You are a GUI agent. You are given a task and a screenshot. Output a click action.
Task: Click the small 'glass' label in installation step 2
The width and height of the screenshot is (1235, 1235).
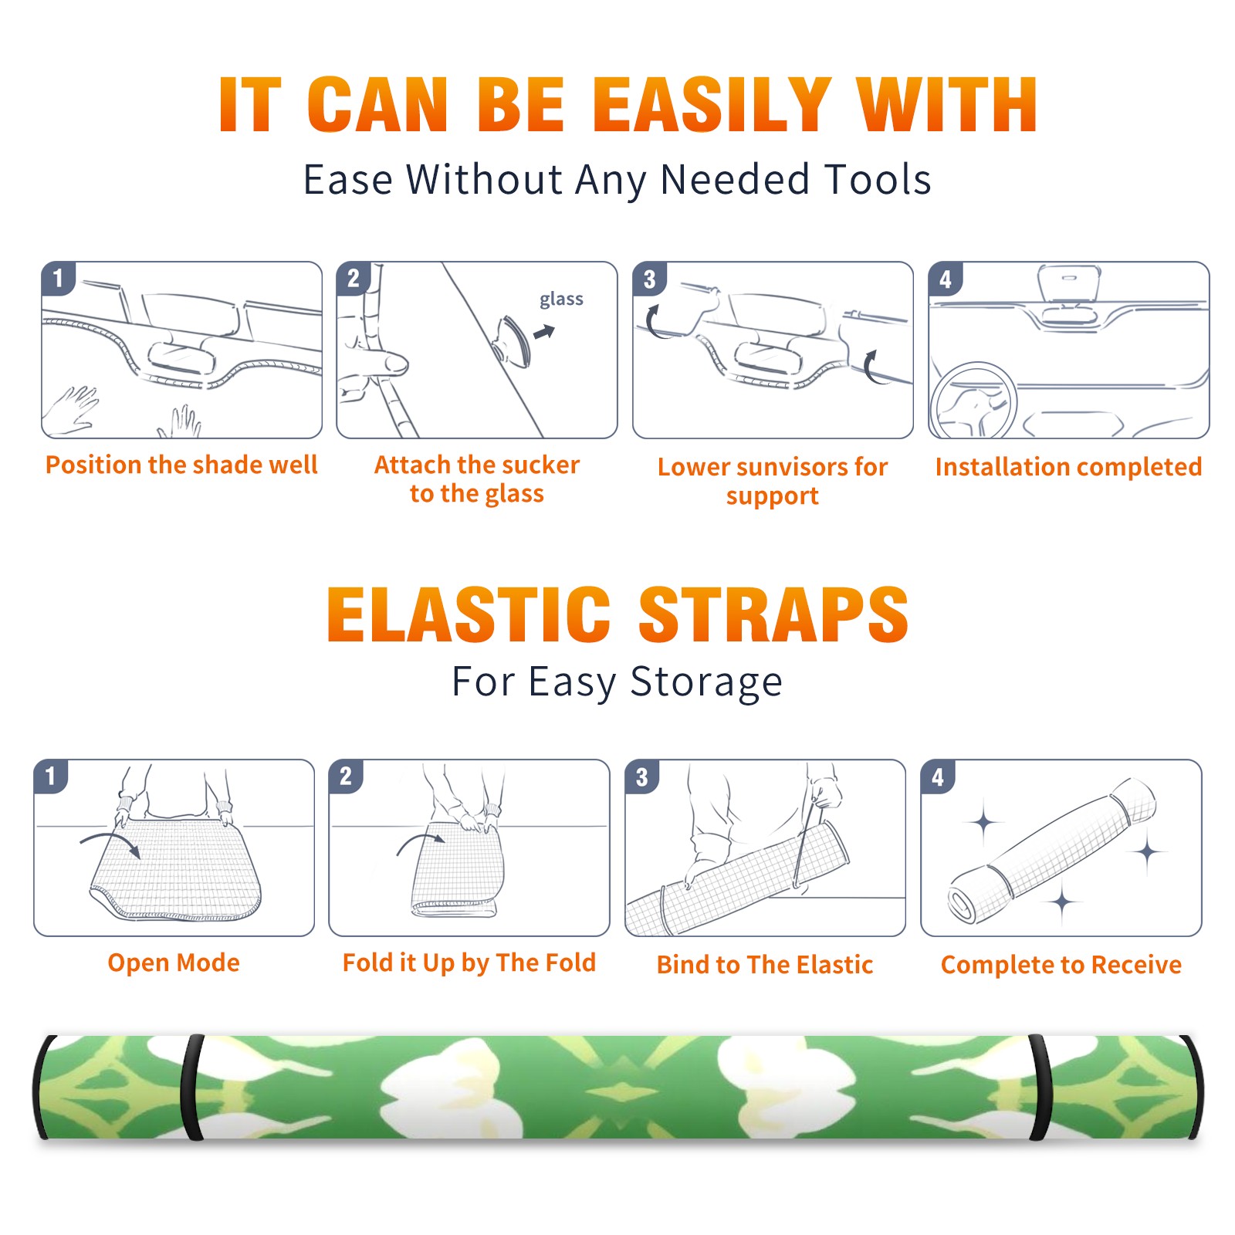561,299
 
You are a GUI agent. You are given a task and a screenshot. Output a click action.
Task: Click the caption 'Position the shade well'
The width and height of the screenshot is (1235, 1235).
181,465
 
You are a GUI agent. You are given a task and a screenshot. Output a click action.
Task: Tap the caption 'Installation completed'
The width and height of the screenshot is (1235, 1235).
1068,466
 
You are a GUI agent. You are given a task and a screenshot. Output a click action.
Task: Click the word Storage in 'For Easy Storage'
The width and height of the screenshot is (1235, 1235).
706,682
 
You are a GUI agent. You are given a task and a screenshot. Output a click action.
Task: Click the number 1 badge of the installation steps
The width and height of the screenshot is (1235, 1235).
59,278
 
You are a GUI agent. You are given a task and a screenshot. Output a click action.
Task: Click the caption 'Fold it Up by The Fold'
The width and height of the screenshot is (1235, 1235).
469,963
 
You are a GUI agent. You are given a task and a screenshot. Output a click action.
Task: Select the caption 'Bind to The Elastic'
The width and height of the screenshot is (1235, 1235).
765,965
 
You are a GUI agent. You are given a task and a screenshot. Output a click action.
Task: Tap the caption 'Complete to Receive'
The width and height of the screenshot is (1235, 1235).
1061,965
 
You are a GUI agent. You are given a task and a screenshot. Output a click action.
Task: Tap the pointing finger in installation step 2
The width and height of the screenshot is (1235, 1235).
378,363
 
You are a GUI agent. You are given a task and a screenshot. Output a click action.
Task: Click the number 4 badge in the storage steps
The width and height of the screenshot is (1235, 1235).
938,777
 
